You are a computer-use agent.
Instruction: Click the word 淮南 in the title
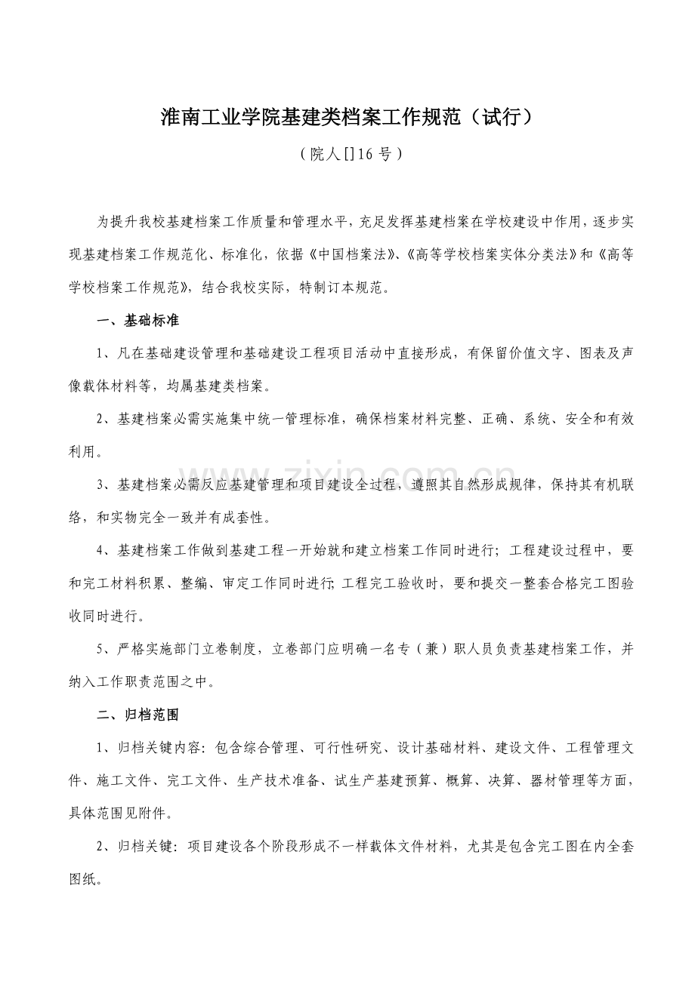[x=178, y=118]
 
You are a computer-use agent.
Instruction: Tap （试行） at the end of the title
[x=499, y=118]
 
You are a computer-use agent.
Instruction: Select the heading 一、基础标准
[x=138, y=320]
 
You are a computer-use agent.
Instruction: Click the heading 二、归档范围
[x=138, y=714]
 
